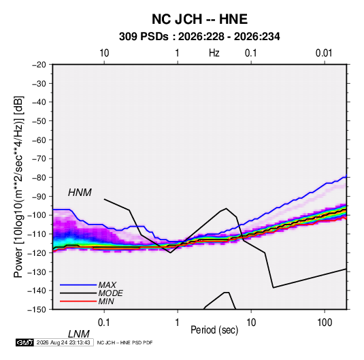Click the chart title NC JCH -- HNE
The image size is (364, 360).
pyautogui.click(x=199, y=19)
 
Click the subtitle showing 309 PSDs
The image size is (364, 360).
pyautogui.click(x=199, y=37)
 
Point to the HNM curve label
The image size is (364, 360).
pyautogui.click(x=80, y=193)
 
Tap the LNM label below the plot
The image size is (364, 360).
pyautogui.click(x=78, y=334)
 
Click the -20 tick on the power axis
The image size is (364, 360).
pyautogui.click(x=39, y=65)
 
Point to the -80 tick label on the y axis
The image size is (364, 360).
pyautogui.click(x=39, y=178)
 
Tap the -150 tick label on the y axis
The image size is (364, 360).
pyautogui.click(x=37, y=310)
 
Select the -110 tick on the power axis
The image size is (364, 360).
pyautogui.click(x=37, y=234)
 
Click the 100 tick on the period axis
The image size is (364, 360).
pyautogui.click(x=325, y=323)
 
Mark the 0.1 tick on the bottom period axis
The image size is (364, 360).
pyautogui.click(x=104, y=323)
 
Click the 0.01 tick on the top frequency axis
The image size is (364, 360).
pyautogui.click(x=324, y=53)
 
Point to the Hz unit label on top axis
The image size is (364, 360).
pyautogui.click(x=214, y=53)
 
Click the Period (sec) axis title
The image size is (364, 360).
pyautogui.click(x=214, y=330)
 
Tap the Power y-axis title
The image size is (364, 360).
pyautogui.click(x=18, y=186)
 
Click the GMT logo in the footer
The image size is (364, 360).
pyautogui.click(x=24, y=342)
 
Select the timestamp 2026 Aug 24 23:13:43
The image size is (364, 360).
pyautogui.click(x=63, y=342)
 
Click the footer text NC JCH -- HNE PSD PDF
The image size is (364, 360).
pyautogui.click(x=125, y=343)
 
